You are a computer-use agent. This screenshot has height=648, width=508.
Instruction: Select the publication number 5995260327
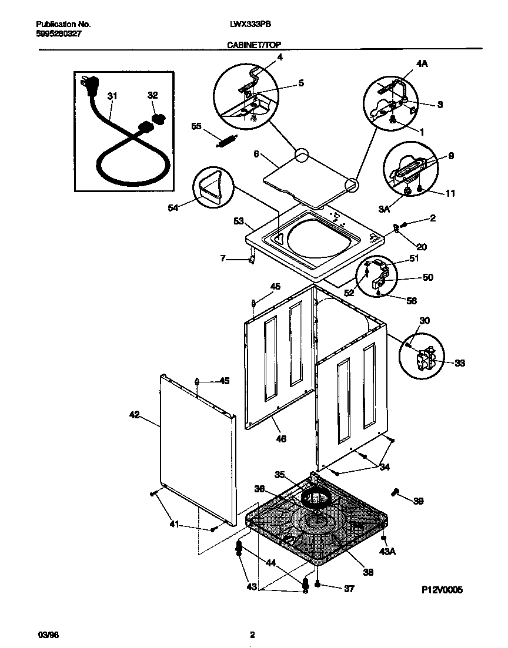point(59,34)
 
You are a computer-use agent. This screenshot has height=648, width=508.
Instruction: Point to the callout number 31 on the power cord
point(112,96)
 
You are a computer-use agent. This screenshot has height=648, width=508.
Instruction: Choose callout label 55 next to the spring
point(196,126)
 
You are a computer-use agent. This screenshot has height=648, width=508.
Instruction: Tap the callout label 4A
point(422,64)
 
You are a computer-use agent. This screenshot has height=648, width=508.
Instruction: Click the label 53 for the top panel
point(238,221)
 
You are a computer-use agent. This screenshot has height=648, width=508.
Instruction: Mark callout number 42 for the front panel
point(135,415)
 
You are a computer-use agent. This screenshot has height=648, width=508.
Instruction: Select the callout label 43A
point(386,551)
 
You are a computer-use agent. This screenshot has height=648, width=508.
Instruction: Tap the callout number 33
point(459,364)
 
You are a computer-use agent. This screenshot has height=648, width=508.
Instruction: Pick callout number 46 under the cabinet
point(281,438)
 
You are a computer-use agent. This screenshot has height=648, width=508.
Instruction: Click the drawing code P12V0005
point(442,590)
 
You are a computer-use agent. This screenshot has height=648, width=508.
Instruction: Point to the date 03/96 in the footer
point(45,634)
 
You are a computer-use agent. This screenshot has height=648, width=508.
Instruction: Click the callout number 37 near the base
point(349,589)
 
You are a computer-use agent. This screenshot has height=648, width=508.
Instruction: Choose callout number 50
point(428,277)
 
